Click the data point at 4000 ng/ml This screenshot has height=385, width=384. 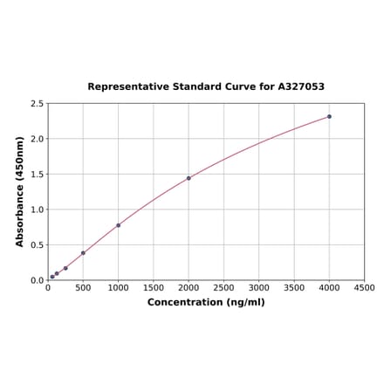(329, 116)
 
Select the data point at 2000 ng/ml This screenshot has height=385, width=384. (189, 178)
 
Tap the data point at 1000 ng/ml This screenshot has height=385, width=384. (119, 225)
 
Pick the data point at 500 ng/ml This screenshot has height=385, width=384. (83, 253)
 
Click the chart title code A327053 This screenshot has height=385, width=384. (301, 87)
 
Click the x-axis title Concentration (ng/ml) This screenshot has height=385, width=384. (206, 302)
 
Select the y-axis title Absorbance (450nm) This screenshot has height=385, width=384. (20, 191)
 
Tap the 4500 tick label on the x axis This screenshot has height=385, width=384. (364, 287)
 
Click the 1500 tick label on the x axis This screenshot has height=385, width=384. (154, 287)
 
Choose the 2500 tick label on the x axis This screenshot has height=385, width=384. (223, 287)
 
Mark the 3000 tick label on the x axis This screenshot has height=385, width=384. (259, 287)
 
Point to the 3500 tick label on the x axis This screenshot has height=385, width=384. (294, 287)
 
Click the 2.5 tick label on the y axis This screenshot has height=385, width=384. (38, 104)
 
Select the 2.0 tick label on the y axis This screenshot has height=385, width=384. (38, 139)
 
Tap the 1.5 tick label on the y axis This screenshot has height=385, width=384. (38, 175)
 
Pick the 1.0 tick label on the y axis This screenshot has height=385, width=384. (38, 210)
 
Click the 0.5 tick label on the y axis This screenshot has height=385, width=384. (38, 245)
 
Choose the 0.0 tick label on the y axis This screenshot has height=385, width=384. (38, 280)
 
